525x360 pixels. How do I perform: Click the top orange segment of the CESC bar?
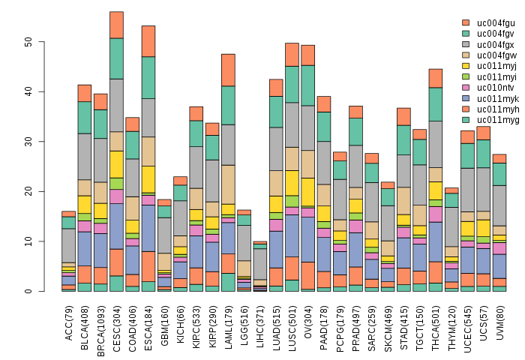click(x=116, y=25)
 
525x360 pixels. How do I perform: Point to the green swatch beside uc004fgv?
click(x=466, y=34)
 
